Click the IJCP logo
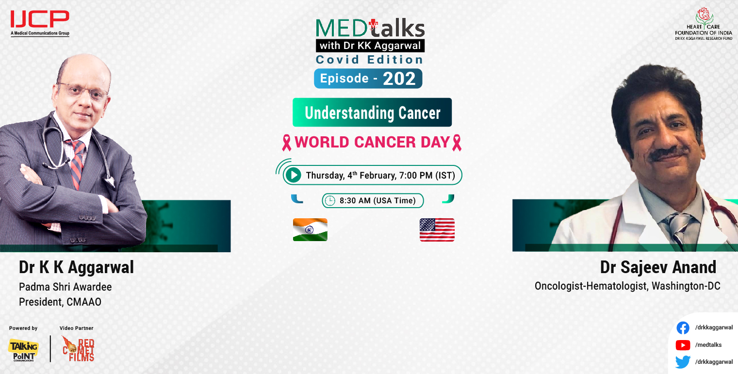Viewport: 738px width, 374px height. [40, 23]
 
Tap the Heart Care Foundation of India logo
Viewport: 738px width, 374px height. [704, 24]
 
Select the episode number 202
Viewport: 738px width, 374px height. [399, 79]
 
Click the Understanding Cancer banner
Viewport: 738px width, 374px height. [372, 113]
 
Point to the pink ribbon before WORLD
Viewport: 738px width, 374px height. [287, 143]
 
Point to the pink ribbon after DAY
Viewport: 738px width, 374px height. [457, 143]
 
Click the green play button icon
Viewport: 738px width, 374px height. [293, 175]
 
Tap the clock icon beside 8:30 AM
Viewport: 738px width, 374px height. [330, 200]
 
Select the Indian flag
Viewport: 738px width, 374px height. [310, 229]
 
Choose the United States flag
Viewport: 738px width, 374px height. [437, 230]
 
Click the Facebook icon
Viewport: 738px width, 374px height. [683, 328]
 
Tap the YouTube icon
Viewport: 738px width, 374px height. [683, 345]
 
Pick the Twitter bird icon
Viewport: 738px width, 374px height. [683, 362]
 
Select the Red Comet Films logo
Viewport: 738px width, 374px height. [79, 349]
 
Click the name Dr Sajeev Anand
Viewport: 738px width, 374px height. [658, 267]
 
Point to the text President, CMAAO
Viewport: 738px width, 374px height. [60, 302]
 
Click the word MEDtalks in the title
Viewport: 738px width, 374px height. [370, 28]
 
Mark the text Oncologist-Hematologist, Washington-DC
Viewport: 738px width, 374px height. [627, 286]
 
